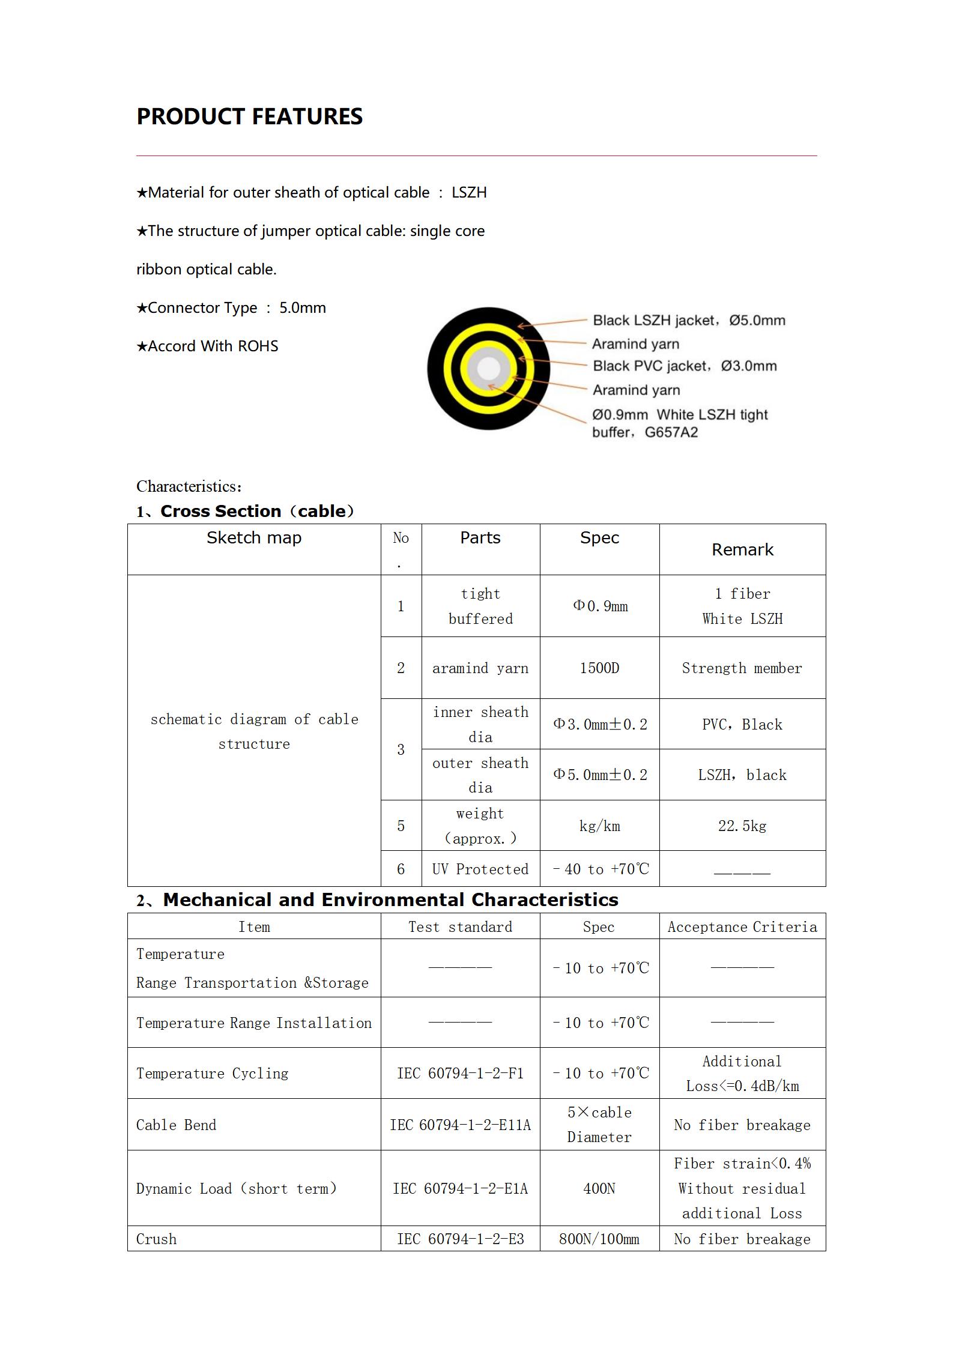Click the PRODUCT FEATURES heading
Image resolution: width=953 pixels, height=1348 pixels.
(x=249, y=116)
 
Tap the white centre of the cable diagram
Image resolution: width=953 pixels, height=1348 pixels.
(x=489, y=368)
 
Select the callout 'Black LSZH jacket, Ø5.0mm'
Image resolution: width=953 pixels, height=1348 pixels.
(x=689, y=321)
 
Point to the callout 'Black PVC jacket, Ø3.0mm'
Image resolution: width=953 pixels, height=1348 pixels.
(x=685, y=366)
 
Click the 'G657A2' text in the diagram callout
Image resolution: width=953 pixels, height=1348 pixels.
(x=671, y=433)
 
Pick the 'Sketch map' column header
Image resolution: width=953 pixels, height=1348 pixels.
(x=254, y=538)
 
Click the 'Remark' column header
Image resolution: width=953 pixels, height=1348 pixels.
(x=742, y=550)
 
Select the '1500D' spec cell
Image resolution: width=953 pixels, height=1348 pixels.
(x=599, y=668)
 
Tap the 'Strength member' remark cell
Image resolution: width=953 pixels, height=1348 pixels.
(x=742, y=668)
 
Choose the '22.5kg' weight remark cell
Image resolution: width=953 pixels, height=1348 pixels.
(x=742, y=826)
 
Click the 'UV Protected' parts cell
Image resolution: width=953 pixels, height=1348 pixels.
(x=480, y=869)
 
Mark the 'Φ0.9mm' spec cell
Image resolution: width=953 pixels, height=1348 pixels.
(x=600, y=606)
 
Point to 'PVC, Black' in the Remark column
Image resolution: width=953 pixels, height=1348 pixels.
(x=742, y=725)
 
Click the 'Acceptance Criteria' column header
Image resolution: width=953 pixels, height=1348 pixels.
(x=742, y=927)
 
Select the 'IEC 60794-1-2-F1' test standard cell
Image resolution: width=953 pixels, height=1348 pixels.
(x=460, y=1074)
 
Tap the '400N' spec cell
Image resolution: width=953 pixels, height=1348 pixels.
(x=599, y=1189)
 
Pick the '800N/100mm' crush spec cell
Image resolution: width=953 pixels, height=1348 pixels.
(x=599, y=1239)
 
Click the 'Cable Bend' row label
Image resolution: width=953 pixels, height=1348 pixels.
(x=176, y=1125)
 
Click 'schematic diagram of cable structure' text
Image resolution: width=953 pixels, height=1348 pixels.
(x=254, y=731)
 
